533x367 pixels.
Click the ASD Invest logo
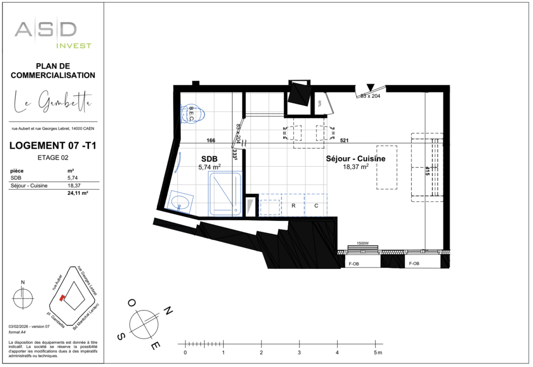[52, 33]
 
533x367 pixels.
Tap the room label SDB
[209, 159]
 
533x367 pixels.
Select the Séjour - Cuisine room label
[355, 159]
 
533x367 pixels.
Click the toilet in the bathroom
[194, 114]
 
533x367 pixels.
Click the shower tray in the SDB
[226, 195]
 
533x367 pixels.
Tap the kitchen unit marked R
[294, 206]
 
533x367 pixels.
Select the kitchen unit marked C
[316, 206]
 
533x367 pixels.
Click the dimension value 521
[344, 140]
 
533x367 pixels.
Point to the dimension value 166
[211, 140]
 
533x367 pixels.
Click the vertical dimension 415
[427, 171]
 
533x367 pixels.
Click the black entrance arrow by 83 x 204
[371, 87]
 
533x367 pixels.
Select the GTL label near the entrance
[319, 104]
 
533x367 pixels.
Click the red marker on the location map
[63, 297]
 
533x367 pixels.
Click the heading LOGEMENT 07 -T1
[53, 146]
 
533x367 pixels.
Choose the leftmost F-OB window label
[354, 263]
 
